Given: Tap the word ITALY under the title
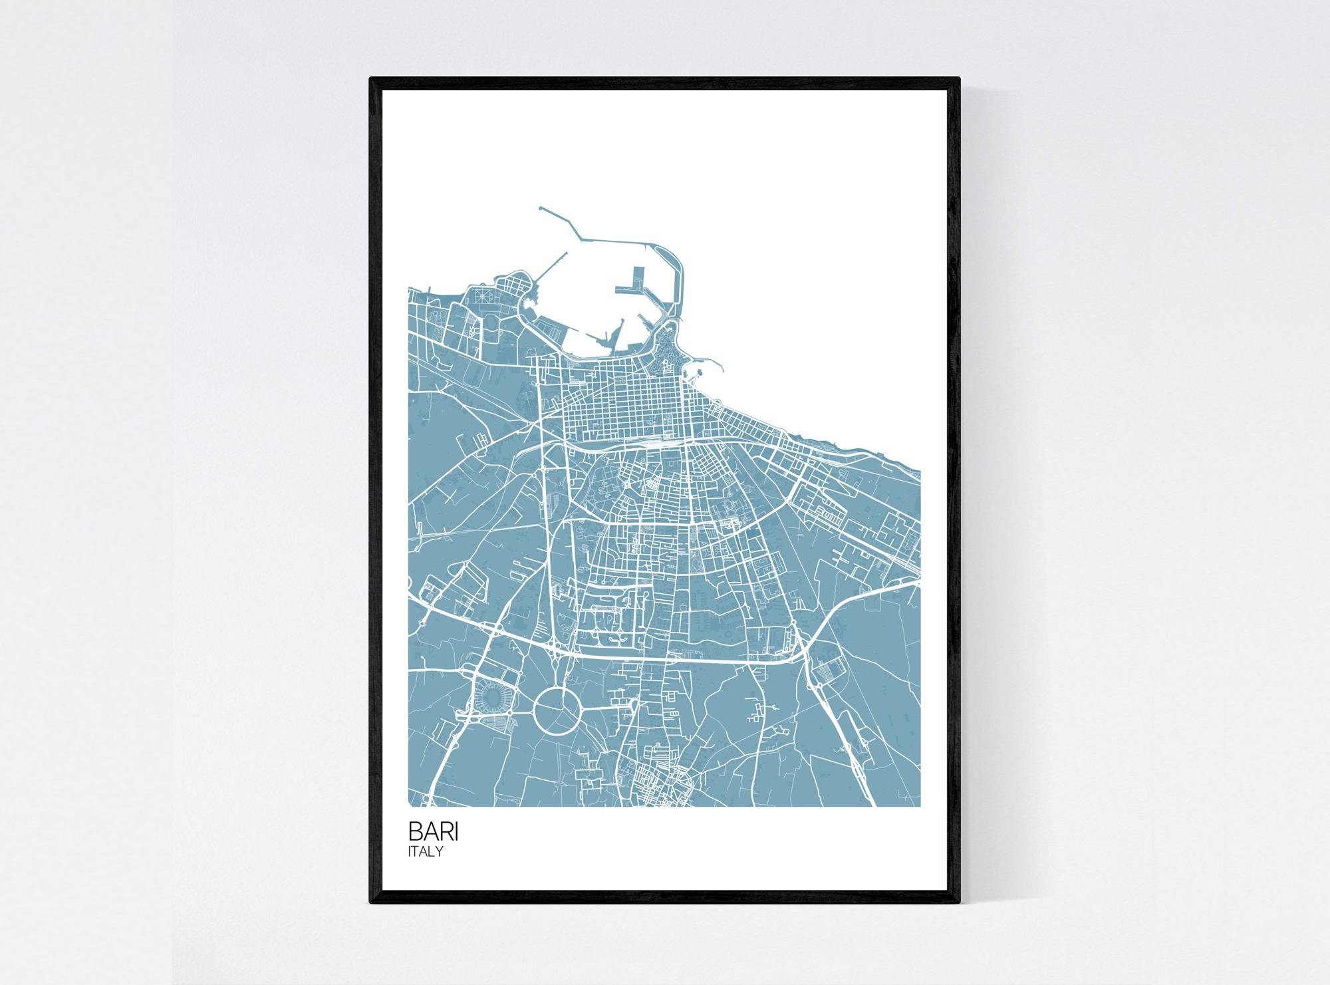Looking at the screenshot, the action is tap(426, 851).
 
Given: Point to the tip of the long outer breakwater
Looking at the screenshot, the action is tap(541, 208).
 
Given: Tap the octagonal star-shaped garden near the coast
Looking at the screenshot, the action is tap(483, 295).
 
